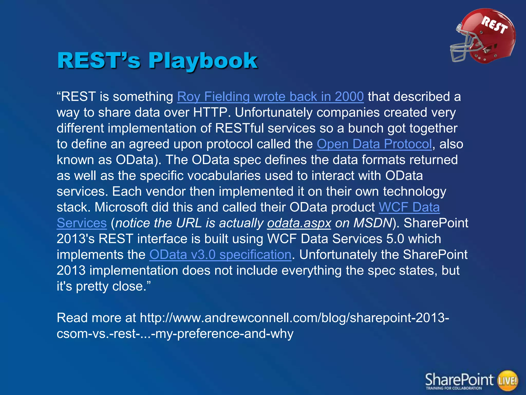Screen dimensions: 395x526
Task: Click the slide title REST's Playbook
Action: [x=157, y=61]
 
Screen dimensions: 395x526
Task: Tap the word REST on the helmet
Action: [x=494, y=25]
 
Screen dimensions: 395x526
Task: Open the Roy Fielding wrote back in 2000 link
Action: [x=270, y=97]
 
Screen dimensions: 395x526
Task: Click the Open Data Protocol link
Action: [x=374, y=144]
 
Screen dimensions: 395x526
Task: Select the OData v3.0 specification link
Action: [x=220, y=255]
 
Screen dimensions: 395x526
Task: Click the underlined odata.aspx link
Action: [x=299, y=223]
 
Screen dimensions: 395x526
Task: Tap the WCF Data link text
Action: [x=409, y=207]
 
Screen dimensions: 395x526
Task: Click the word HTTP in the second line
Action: [x=210, y=112]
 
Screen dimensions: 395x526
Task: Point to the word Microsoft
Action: [x=121, y=207]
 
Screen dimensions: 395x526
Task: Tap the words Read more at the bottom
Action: [x=96, y=318]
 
